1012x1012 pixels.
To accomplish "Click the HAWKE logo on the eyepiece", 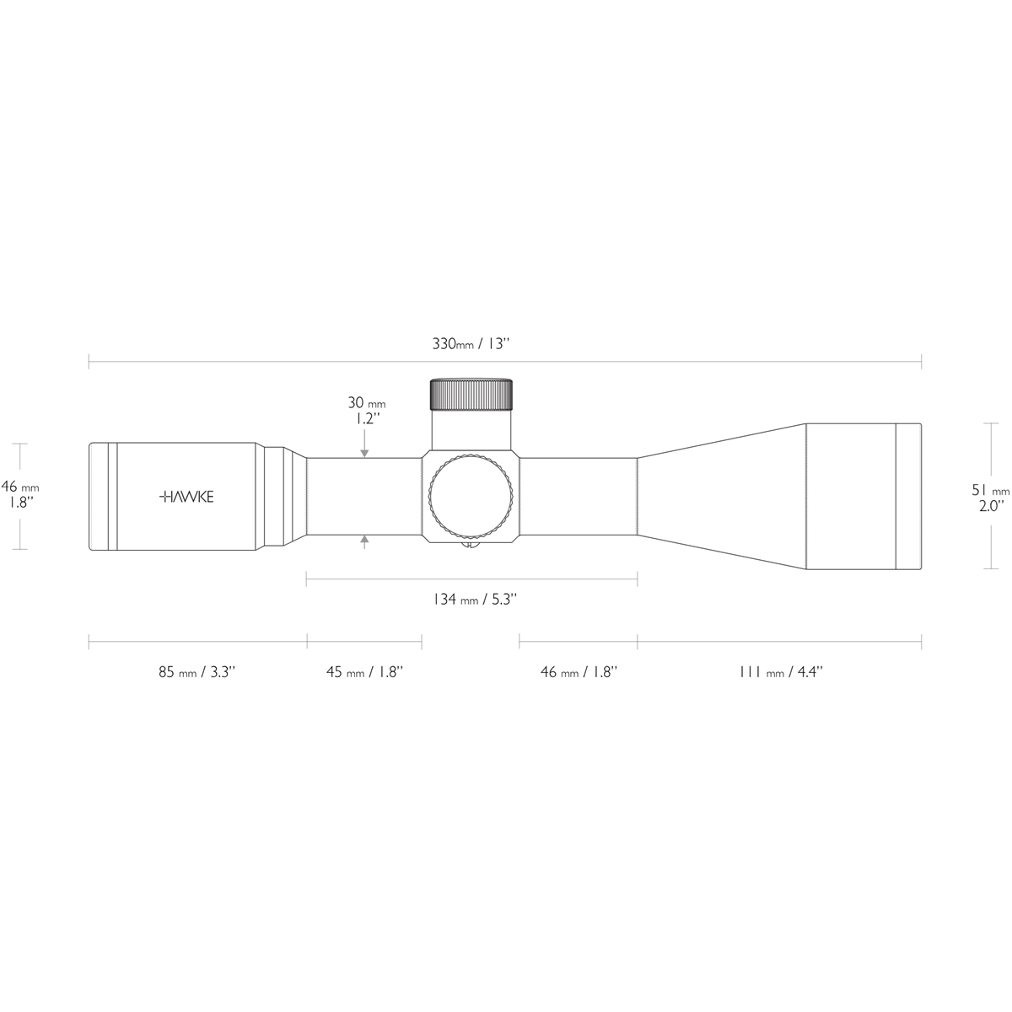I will point(186,497).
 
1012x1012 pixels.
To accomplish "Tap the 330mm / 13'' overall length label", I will point(472,344).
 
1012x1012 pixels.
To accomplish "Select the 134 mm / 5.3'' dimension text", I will point(474,600).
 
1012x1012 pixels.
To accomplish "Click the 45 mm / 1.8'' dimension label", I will point(364,672).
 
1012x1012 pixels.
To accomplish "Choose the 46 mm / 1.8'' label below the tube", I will point(579,672).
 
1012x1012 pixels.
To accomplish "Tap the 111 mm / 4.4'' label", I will point(780,672).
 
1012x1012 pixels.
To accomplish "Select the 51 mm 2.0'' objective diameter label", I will point(989,498).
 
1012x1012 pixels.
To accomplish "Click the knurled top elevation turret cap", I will point(471,394).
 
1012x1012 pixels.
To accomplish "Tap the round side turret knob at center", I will point(471,497).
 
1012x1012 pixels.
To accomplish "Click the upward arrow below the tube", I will point(363,543).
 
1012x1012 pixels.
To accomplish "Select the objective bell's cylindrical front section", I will point(849,497).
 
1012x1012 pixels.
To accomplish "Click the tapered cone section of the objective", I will point(721,497).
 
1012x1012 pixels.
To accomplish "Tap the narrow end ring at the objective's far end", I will point(907,497).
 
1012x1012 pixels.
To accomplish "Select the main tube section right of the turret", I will point(578,497).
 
